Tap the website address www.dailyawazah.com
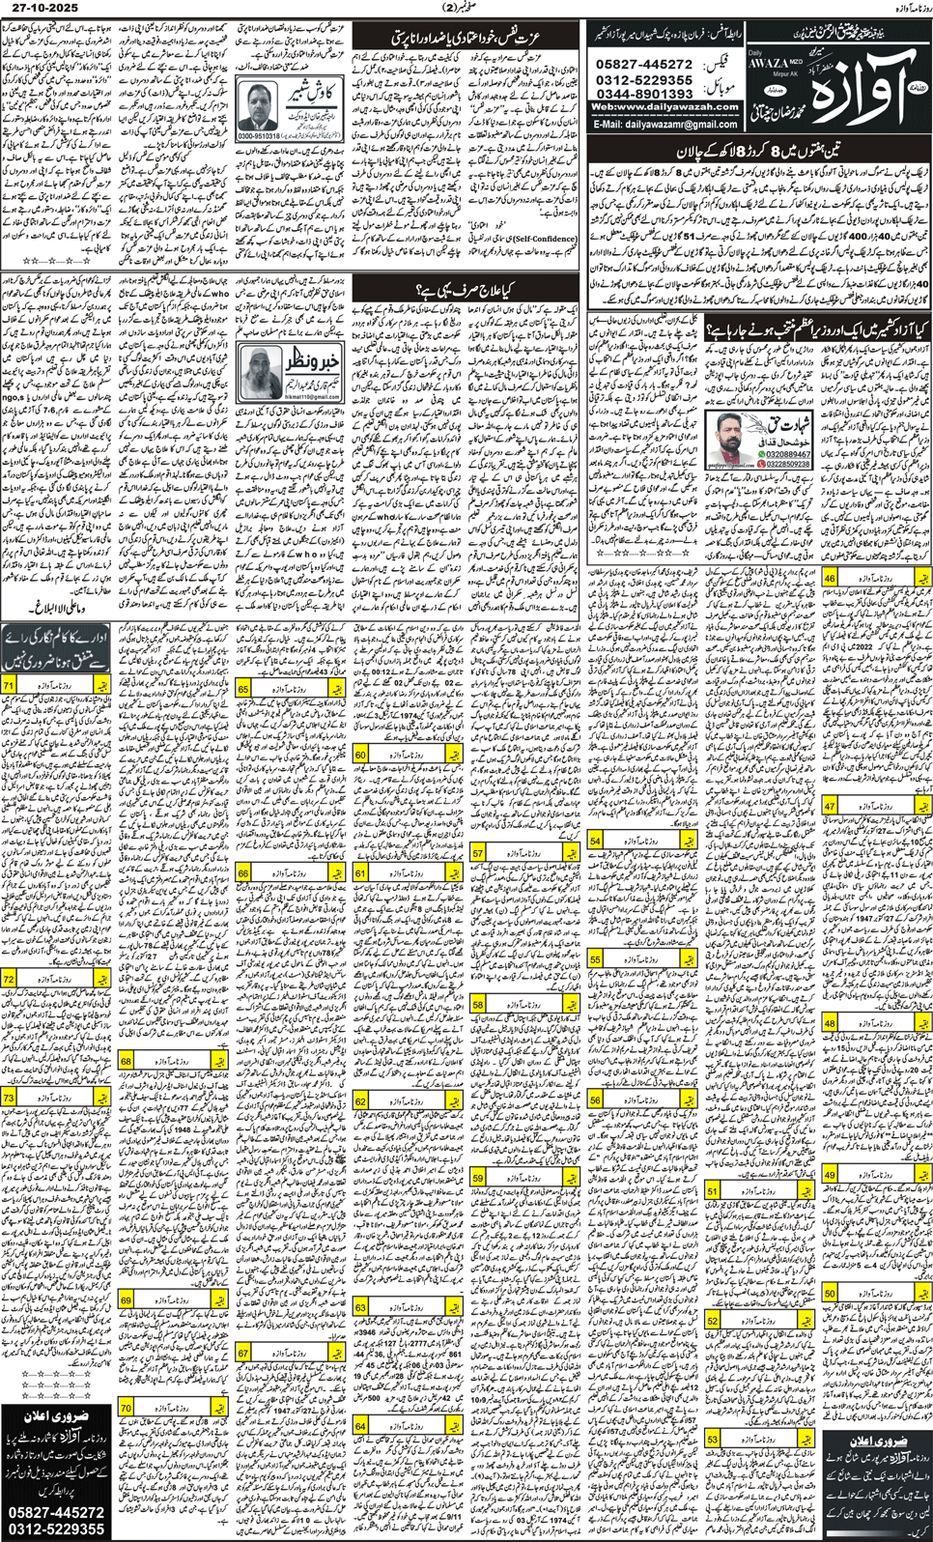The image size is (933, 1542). click(x=664, y=107)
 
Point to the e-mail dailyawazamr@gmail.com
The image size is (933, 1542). click(x=665, y=125)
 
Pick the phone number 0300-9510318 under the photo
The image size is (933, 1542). click(x=260, y=136)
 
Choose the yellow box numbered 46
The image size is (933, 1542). click(x=829, y=578)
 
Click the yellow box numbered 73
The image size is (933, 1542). click(x=10, y=1099)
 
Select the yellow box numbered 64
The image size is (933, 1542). click(x=360, y=1426)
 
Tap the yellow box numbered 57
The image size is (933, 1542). click(x=478, y=854)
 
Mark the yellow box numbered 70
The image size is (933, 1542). click(x=126, y=1409)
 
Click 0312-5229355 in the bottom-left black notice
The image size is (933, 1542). click(x=55, y=1528)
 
